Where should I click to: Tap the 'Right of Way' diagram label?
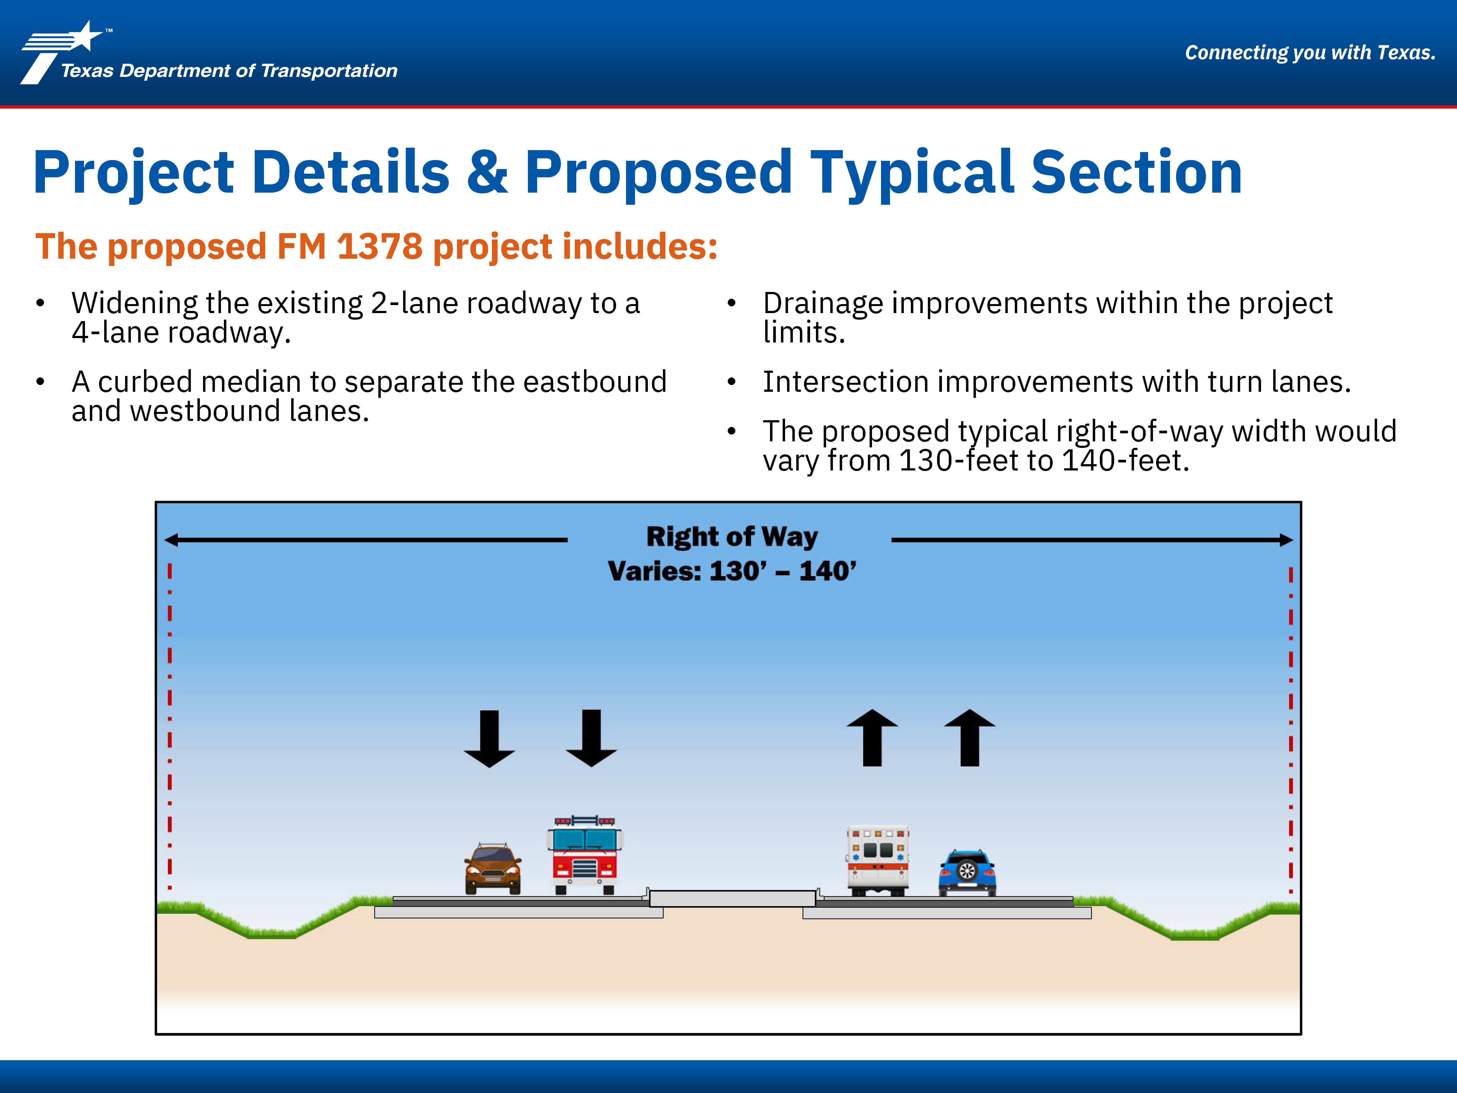click(732, 537)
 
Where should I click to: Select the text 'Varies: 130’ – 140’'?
click(732, 571)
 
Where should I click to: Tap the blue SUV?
click(967, 873)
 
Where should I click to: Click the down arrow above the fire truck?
click(592, 738)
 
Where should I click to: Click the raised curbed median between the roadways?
click(732, 898)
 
